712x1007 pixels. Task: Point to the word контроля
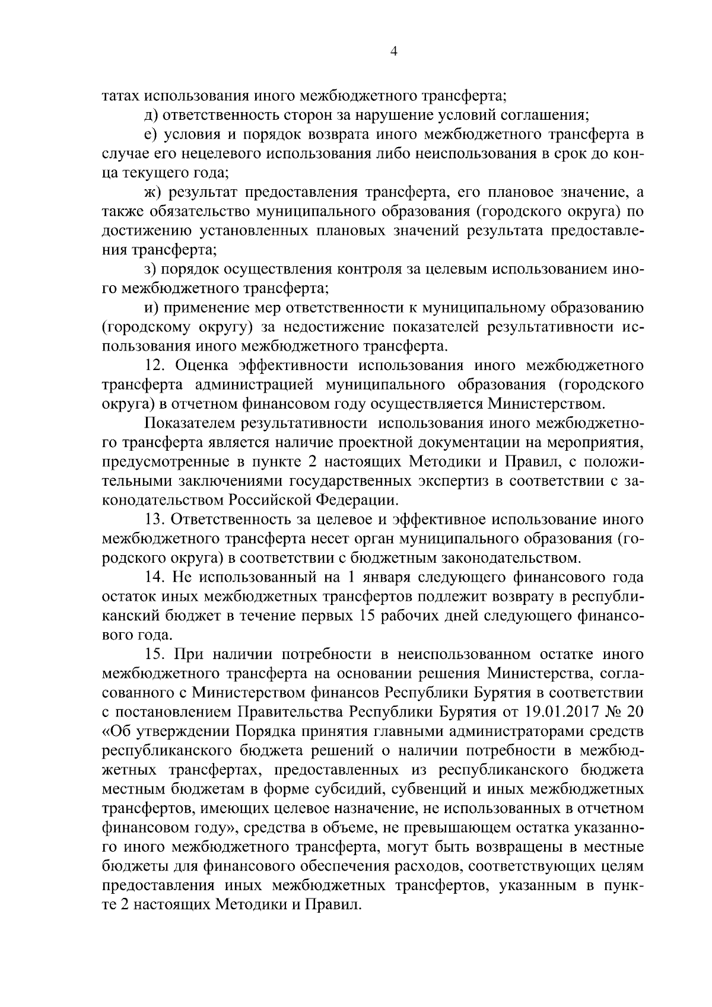tap(368, 269)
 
